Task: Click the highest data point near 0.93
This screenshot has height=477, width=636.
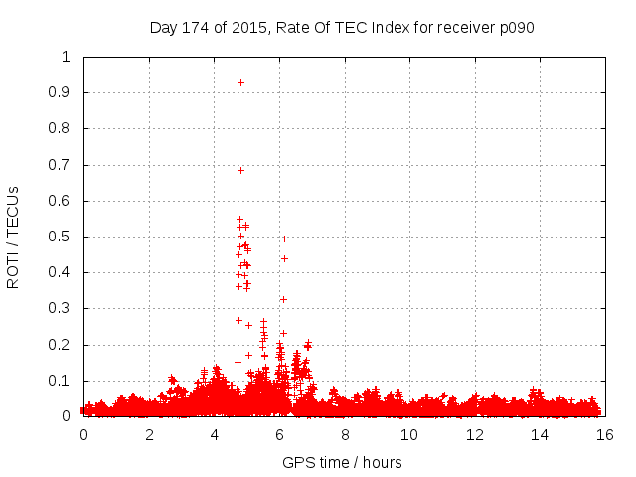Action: (240, 82)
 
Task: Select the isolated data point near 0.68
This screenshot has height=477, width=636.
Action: (240, 170)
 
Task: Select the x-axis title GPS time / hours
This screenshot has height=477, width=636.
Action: (342, 462)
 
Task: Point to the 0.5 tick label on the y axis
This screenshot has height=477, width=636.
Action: (61, 237)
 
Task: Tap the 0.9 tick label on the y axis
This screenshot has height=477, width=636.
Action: (61, 92)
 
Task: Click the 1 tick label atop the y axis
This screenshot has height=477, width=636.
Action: (67, 57)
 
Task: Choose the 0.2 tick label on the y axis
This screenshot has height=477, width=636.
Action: (61, 345)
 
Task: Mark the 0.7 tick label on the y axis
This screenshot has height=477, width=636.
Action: (61, 165)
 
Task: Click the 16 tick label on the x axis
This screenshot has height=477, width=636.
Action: (604, 434)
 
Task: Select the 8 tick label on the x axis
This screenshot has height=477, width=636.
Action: (345, 434)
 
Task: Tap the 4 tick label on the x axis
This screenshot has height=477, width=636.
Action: (215, 434)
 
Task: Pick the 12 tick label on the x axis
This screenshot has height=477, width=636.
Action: (474, 434)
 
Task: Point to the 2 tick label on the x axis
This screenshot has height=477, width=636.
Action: (149, 434)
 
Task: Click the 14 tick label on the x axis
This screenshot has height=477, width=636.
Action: (540, 434)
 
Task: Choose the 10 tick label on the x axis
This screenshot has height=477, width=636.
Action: (409, 434)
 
